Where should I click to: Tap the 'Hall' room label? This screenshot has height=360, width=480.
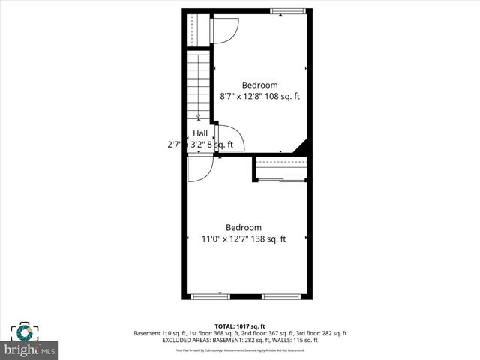point(200,133)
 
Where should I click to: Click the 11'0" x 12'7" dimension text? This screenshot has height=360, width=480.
point(226,239)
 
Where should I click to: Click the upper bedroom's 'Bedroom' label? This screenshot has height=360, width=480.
point(259,85)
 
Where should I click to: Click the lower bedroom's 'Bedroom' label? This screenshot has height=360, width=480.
point(244,228)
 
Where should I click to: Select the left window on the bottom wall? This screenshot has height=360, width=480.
point(211,297)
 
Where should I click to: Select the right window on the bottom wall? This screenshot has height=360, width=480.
point(281,297)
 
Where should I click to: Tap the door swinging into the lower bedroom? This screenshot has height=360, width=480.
point(199,170)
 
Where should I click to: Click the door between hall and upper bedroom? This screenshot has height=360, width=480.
point(223,138)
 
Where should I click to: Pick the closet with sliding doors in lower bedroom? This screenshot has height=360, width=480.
point(280,169)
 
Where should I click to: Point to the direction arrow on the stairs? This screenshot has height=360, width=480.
point(198,116)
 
